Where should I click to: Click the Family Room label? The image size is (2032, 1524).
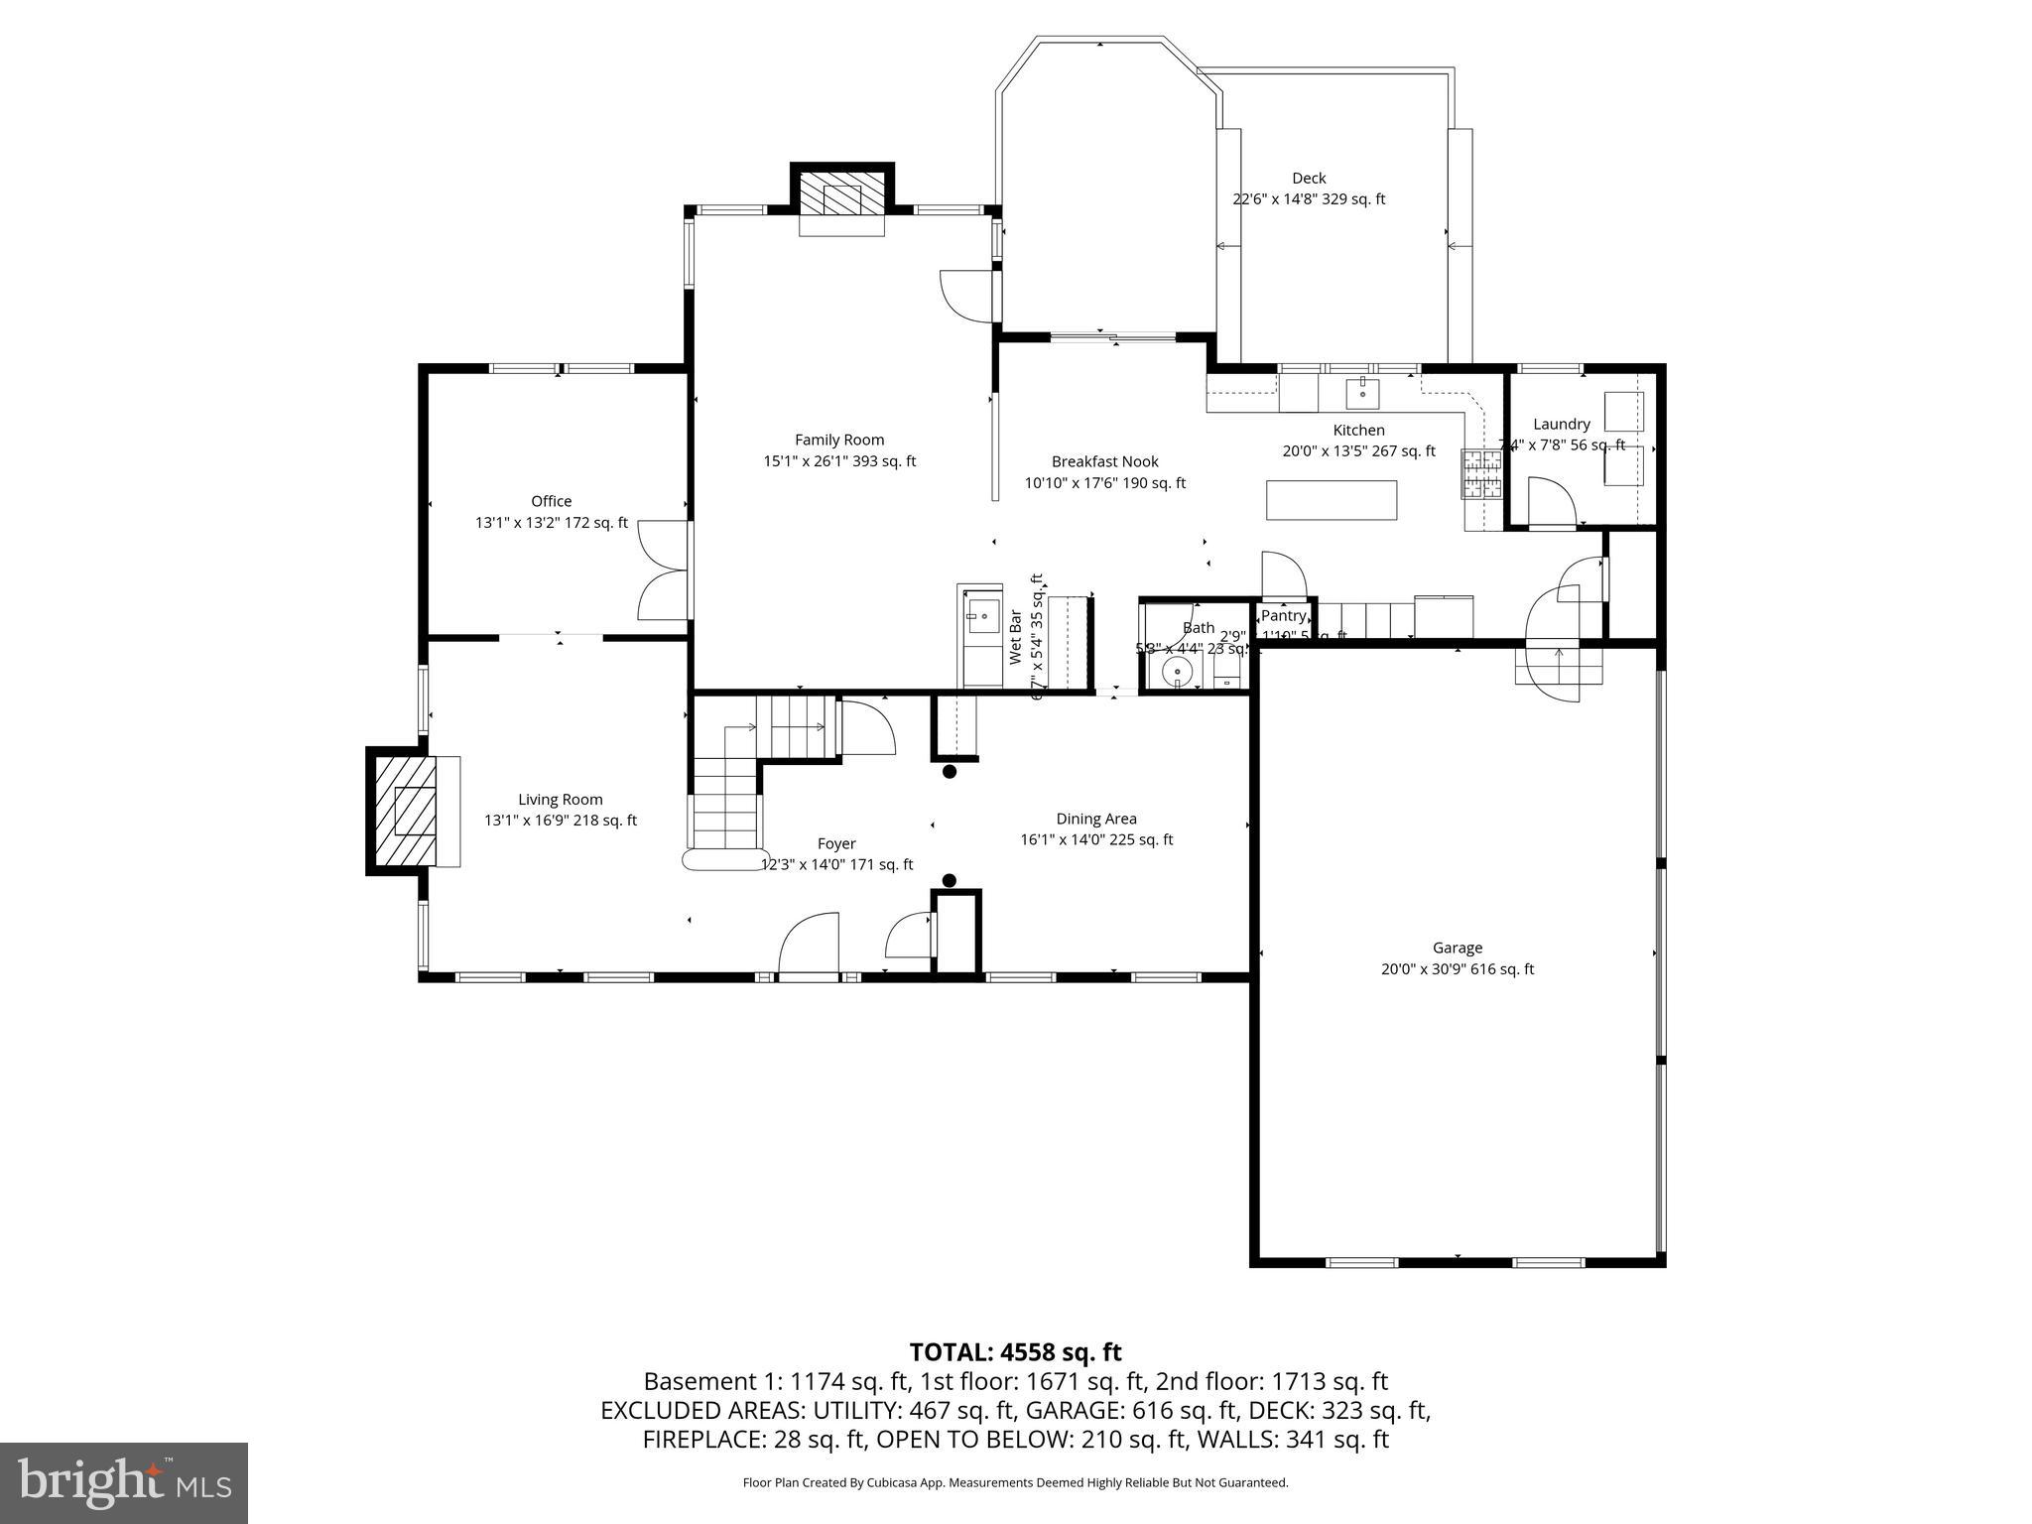tap(839, 441)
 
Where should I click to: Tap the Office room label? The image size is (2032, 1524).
tap(551, 502)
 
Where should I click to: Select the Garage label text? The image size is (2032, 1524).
tap(1457, 949)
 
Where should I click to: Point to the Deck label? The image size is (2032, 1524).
tap(1309, 179)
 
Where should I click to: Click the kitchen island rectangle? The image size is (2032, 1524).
tap(1332, 499)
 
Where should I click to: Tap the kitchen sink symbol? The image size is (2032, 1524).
tap(1363, 393)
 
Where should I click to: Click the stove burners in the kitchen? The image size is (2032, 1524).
tap(1481, 473)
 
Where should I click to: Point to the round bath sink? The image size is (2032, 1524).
tap(1178, 672)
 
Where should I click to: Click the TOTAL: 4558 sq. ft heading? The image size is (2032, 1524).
tap(1015, 1352)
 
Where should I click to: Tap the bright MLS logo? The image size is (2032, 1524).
tap(124, 1482)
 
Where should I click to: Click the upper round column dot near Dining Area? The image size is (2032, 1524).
tap(949, 771)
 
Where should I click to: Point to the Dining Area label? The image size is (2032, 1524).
tap(1095, 820)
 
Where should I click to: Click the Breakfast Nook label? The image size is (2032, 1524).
tap(1104, 462)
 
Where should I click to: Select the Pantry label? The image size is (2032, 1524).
tap(1283, 616)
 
